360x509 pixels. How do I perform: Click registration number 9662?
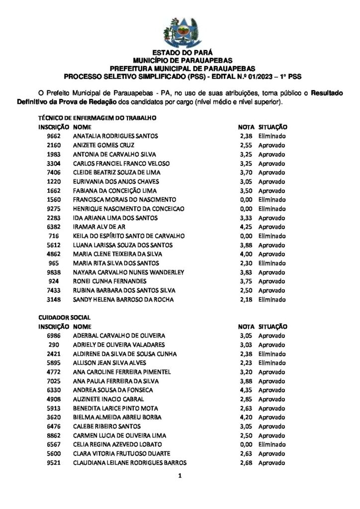(x=53, y=136)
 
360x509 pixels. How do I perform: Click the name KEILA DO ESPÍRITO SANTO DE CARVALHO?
(x=122, y=236)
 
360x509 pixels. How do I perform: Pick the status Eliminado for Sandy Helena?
(x=271, y=300)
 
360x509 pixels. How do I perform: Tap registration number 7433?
(x=53, y=290)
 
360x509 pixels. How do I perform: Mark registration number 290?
(x=55, y=344)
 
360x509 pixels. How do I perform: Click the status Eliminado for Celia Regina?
(x=271, y=444)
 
